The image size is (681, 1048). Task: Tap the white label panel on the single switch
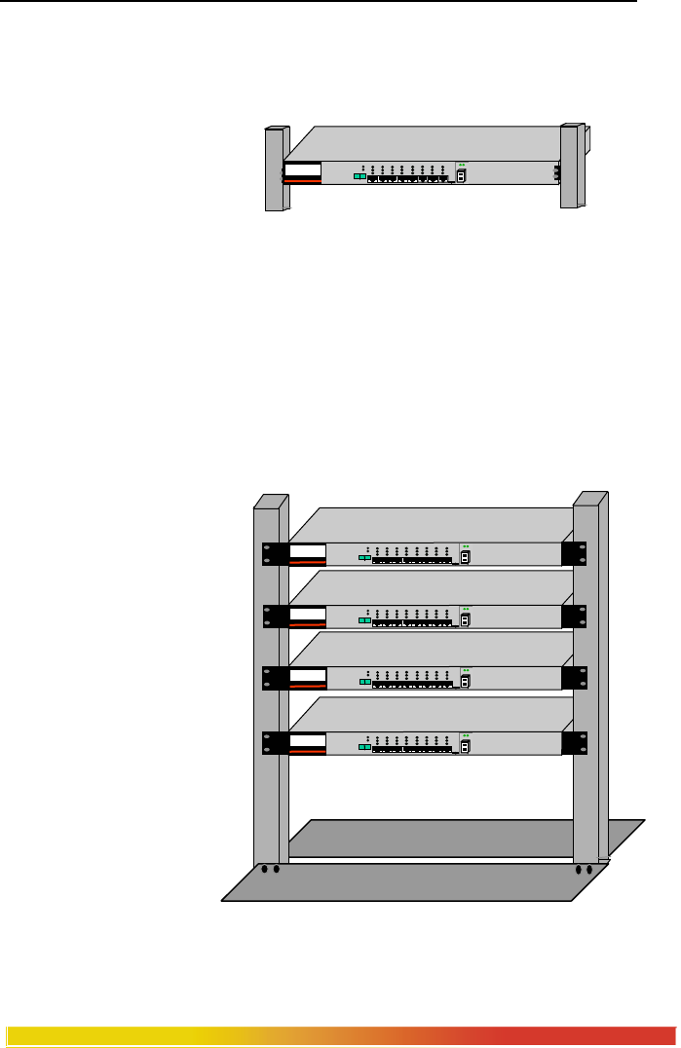pyautogui.click(x=303, y=173)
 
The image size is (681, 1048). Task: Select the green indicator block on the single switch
pyautogui.click(x=359, y=177)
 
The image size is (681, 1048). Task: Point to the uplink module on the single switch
pyautogui.click(x=462, y=175)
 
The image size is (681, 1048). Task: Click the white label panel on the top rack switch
pyautogui.click(x=307, y=555)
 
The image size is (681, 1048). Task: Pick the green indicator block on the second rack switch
pyautogui.click(x=365, y=619)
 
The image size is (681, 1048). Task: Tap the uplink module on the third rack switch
pyautogui.click(x=467, y=681)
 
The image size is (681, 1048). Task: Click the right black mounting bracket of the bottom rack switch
pyautogui.click(x=576, y=742)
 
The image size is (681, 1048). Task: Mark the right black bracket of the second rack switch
pyautogui.click(x=576, y=616)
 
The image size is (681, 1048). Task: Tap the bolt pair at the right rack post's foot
pyautogui.click(x=584, y=869)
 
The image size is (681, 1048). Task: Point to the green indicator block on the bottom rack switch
pyautogui.click(x=365, y=747)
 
